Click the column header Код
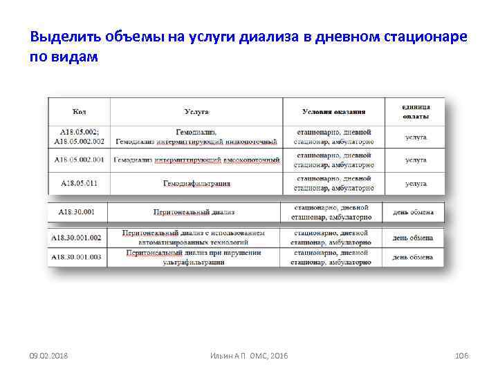click(x=80, y=112)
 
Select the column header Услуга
click(x=196, y=112)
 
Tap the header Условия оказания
click(x=334, y=112)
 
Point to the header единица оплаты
click(x=416, y=112)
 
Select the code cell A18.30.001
click(x=77, y=212)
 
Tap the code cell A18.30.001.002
click(x=77, y=238)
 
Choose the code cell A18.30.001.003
click(x=77, y=257)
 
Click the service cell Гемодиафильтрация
click(x=196, y=184)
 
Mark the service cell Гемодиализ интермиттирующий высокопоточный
click(x=196, y=160)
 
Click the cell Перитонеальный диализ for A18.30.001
click(x=194, y=212)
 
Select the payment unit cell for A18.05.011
click(x=416, y=184)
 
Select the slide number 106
click(x=461, y=355)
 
